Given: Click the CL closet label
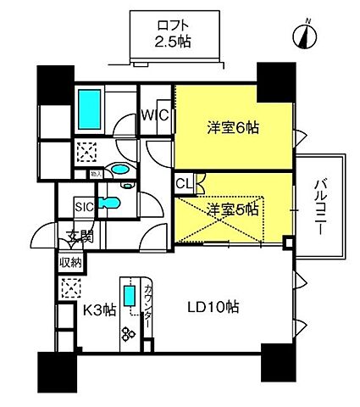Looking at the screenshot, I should pyautogui.click(x=184, y=183).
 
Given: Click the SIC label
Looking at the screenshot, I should pyautogui.click(x=84, y=205).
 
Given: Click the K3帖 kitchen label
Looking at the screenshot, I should pyautogui.click(x=98, y=310).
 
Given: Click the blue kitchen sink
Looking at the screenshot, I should pyautogui.click(x=129, y=298).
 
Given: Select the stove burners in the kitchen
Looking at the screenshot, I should pyautogui.click(x=129, y=333).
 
